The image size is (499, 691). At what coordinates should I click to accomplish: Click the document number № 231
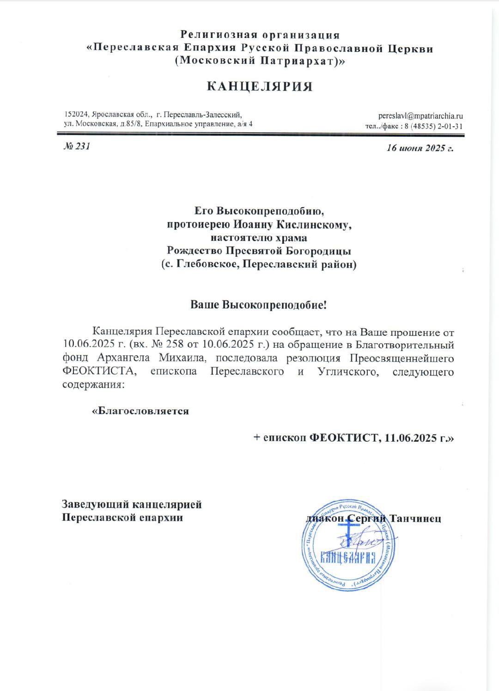[x=76, y=147]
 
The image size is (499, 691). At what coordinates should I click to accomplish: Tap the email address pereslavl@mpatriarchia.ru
[x=420, y=116]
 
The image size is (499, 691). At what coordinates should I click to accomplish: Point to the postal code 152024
[x=76, y=114]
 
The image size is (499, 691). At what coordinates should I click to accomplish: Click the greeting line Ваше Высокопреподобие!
[x=259, y=305]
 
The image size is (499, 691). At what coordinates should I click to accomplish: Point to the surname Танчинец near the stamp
[x=415, y=518]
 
